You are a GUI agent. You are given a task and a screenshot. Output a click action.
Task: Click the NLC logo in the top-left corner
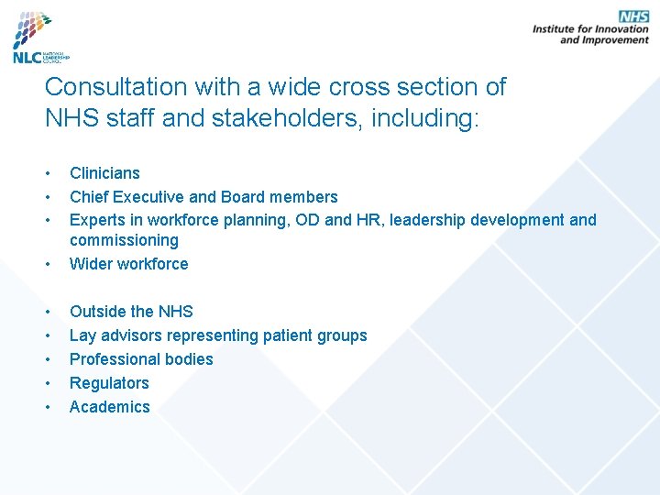39,38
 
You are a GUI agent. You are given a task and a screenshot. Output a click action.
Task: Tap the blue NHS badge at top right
633,16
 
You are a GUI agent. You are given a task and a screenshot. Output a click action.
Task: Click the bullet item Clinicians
104,173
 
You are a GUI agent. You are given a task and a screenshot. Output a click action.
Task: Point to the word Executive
153,197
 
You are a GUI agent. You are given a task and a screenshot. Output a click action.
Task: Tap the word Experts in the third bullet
98,221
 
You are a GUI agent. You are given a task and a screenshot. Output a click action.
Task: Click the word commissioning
124,241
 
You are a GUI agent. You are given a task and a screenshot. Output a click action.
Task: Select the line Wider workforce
128,265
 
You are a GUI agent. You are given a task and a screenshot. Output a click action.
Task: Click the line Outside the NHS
131,313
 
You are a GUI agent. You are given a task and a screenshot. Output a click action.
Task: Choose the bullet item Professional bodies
141,360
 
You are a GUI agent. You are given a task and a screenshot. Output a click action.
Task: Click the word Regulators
109,384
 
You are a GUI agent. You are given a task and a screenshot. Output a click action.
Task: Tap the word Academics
109,408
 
